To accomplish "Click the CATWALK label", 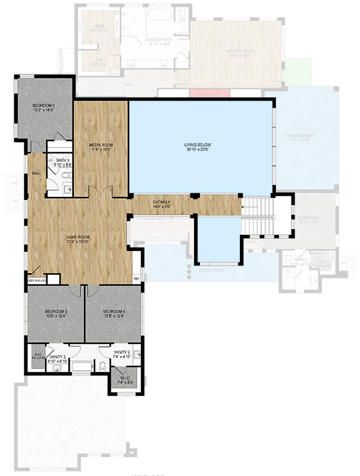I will (x=162, y=202).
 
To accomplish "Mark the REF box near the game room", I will (x=136, y=278).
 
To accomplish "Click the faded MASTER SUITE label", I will (x=239, y=51).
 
